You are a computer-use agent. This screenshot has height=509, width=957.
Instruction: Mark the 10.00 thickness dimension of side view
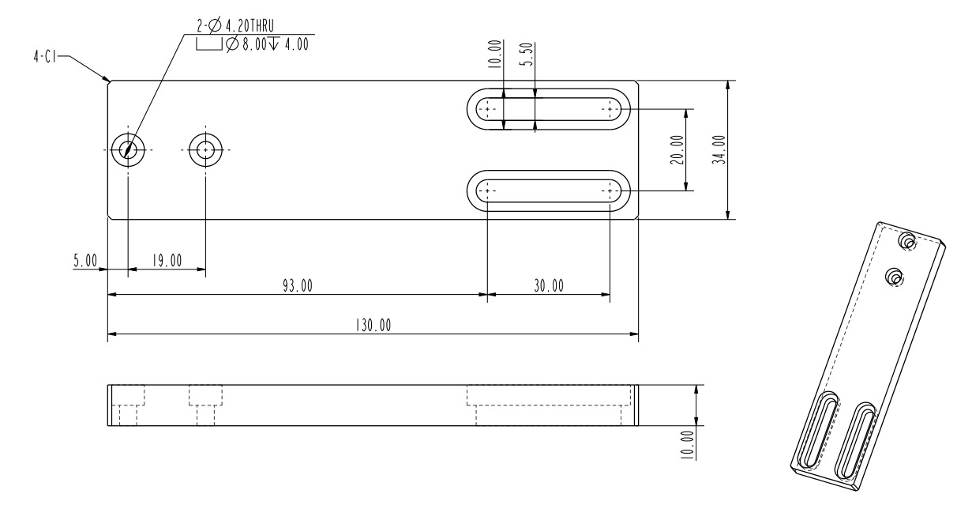(689, 444)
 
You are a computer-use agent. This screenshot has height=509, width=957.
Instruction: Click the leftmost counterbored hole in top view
(128, 149)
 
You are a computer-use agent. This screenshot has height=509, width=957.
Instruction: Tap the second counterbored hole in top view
(206, 149)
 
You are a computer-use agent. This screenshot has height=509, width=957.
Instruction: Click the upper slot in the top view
(549, 108)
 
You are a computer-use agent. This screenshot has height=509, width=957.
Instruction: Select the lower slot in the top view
(549, 190)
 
